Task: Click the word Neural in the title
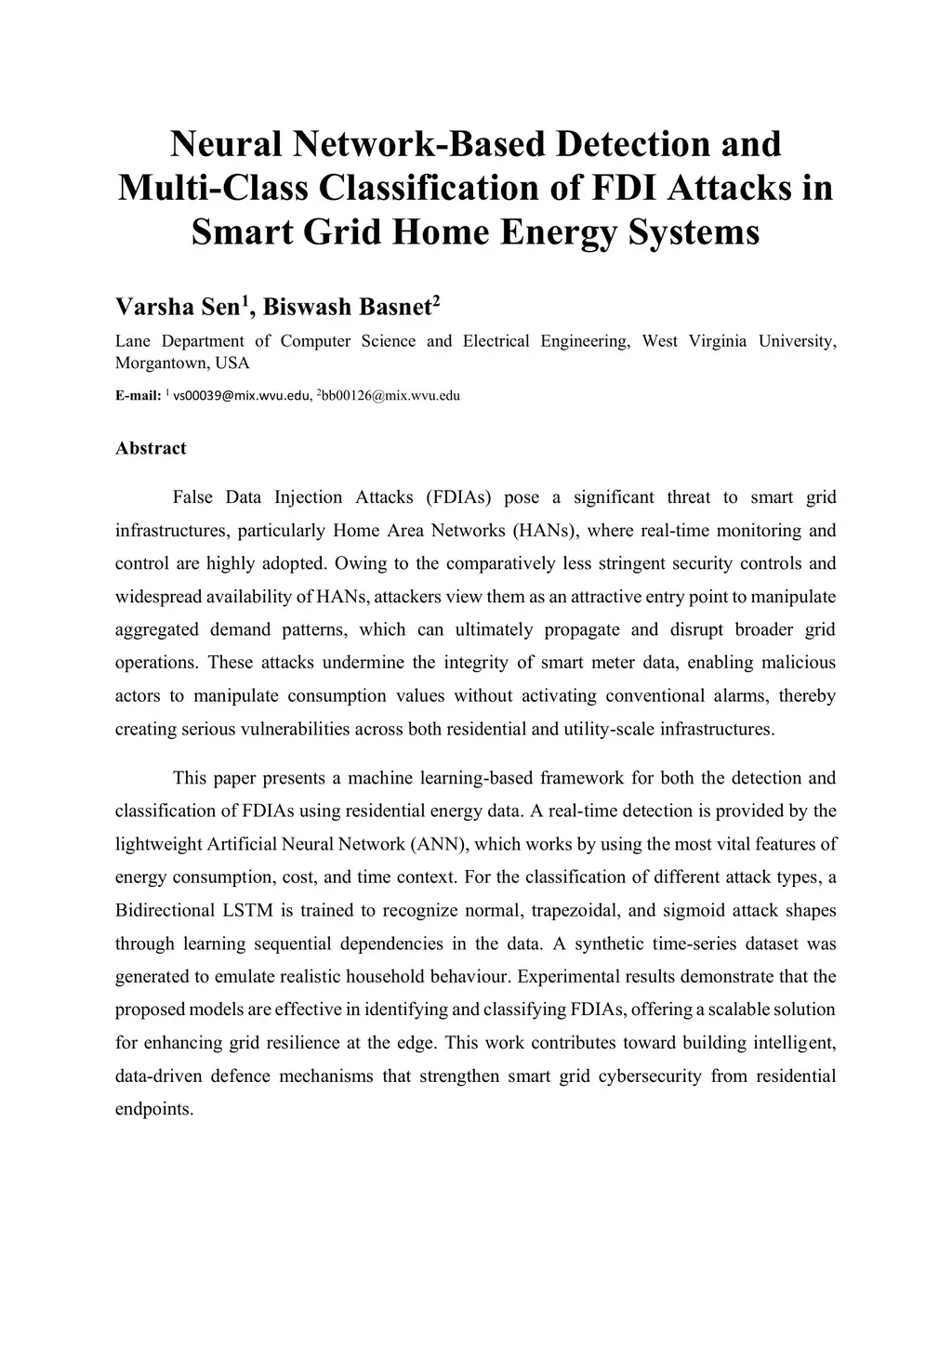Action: [226, 144]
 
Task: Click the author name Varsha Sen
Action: [178, 307]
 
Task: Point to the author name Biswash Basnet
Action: [348, 307]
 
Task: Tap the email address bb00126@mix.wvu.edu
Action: [390, 396]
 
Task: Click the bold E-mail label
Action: [139, 396]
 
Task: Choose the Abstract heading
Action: [151, 448]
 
